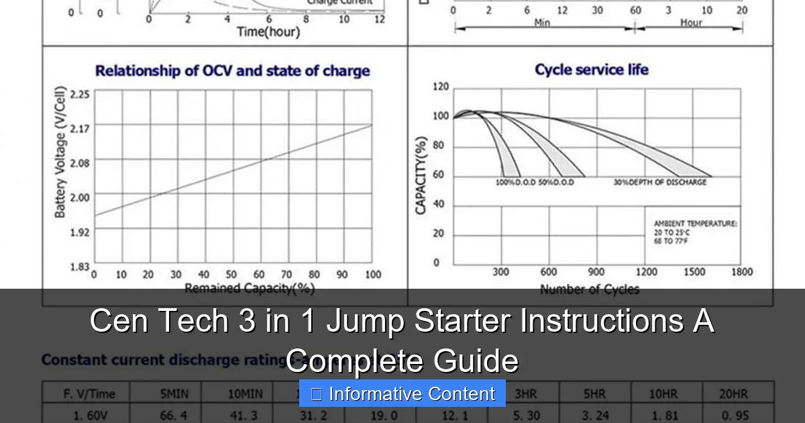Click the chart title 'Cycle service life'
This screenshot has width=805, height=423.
pyautogui.click(x=591, y=70)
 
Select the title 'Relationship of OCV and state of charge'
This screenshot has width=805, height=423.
pyautogui.click(x=232, y=71)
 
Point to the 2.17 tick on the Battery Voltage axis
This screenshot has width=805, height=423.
pyautogui.click(x=80, y=126)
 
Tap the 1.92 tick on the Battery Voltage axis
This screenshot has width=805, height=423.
pyautogui.click(x=80, y=232)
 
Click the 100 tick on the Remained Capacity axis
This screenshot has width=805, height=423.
pyautogui.click(x=373, y=275)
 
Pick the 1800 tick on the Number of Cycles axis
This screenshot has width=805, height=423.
pyautogui.click(x=741, y=272)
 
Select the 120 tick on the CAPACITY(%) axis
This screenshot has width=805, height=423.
pyautogui.click(x=441, y=87)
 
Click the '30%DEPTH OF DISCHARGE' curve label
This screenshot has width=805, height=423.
pyautogui.click(x=659, y=182)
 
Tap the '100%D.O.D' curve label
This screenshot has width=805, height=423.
pyautogui.click(x=515, y=182)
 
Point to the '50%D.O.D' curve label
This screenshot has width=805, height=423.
pyautogui.click(x=556, y=182)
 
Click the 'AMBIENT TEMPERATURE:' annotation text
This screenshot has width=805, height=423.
pyautogui.click(x=695, y=224)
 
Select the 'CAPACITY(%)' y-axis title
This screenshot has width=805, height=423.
pyautogui.click(x=421, y=175)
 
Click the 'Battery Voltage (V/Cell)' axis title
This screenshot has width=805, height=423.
pyautogui.click(x=60, y=152)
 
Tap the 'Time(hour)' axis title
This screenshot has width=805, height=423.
pyautogui.click(x=268, y=32)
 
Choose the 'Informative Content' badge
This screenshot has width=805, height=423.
pyautogui.click(x=402, y=394)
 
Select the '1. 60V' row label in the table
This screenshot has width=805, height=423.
pyautogui.click(x=87, y=416)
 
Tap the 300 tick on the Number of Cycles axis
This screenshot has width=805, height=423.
pyautogui.click(x=501, y=272)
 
